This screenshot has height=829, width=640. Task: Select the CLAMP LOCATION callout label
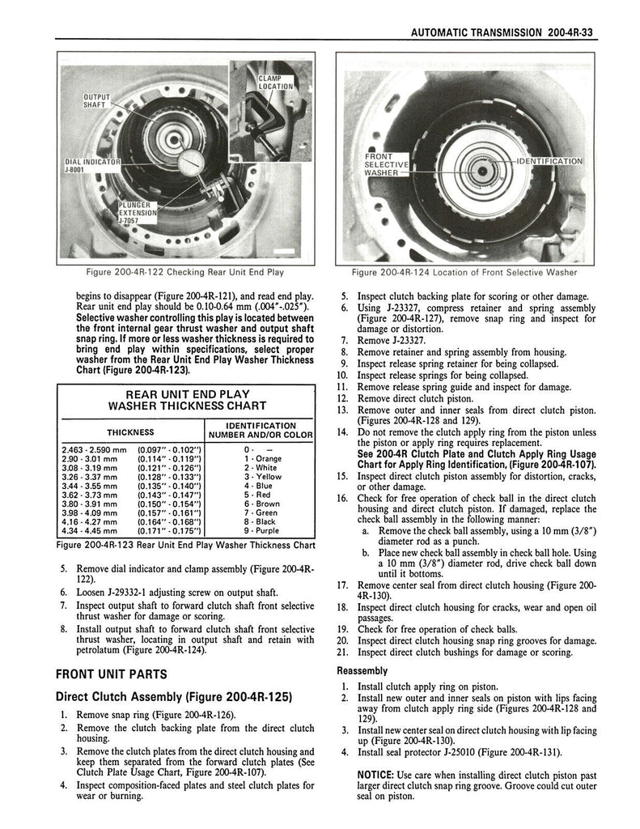[275, 82]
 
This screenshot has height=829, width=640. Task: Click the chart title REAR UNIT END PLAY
[187, 393]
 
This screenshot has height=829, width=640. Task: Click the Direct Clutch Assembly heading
[172, 697]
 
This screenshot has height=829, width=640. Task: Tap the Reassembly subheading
[362, 670]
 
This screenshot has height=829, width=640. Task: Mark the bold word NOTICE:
[375, 774]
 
